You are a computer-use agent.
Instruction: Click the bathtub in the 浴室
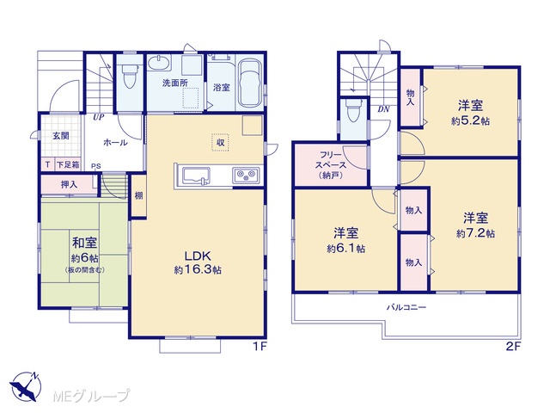[x=249, y=83]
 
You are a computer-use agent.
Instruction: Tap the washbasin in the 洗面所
[x=158, y=63]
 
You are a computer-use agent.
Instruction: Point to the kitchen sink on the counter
[x=196, y=176]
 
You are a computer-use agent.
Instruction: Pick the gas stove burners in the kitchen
[x=246, y=176]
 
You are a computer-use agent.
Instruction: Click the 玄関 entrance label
[x=61, y=136]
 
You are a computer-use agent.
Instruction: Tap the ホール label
[x=115, y=143]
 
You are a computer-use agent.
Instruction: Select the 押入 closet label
[x=69, y=184]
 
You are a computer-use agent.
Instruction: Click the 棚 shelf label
[x=139, y=195]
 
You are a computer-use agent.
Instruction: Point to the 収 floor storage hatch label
[x=220, y=143]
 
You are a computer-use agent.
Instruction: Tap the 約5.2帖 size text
[x=470, y=121]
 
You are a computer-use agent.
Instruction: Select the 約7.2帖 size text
[x=475, y=233]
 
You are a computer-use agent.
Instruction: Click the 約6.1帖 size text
[x=345, y=249]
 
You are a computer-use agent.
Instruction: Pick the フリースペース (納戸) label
[x=331, y=165]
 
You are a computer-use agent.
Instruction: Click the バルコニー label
[x=406, y=308]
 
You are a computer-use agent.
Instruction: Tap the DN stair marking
[x=384, y=109]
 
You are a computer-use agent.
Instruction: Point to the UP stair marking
[x=99, y=117]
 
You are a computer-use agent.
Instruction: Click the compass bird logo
[x=25, y=386]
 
